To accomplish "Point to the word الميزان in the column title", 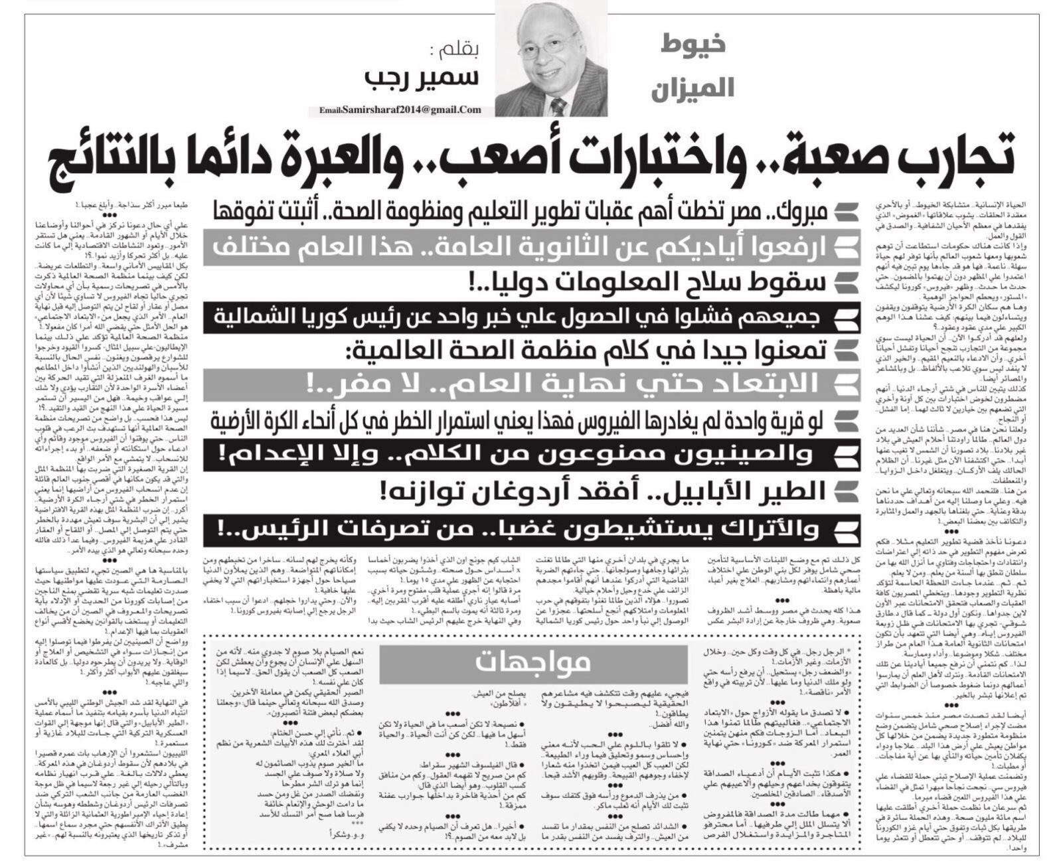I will (692, 88).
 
